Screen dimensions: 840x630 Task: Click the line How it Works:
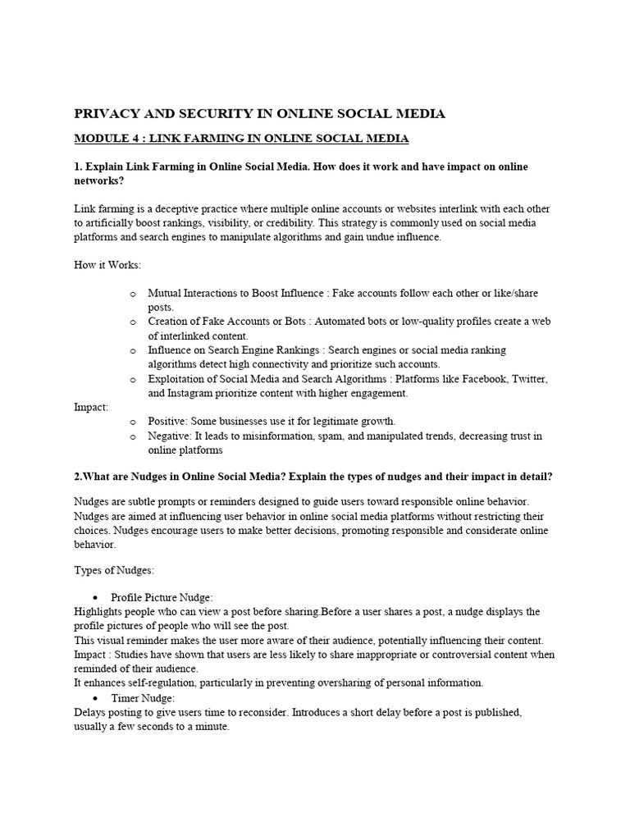pos(107,265)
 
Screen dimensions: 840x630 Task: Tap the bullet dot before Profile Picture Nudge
pos(97,599)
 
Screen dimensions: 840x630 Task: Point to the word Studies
pos(130,655)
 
